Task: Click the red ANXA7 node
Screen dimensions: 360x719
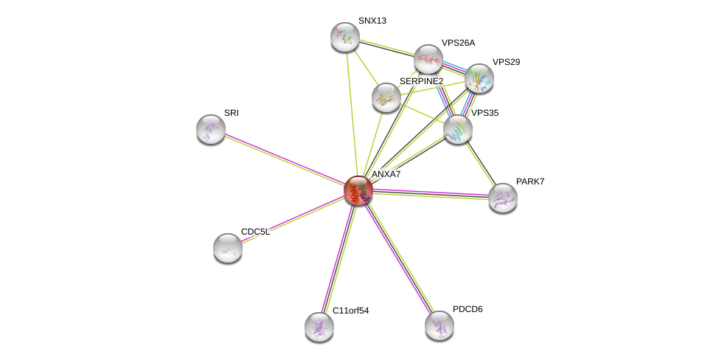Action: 358,190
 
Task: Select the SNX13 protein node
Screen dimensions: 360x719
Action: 344,36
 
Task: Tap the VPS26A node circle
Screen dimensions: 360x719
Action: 428,59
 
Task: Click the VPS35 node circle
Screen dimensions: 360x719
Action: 457,129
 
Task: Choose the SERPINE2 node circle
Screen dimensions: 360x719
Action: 386,97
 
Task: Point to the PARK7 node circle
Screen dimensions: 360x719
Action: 502,198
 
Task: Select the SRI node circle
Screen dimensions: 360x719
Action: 211,129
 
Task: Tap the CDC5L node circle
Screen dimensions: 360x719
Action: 228,248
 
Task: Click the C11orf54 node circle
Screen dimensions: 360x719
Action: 319,326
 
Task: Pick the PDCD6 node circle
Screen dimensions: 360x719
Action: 440,325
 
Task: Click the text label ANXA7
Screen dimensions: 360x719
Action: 386,174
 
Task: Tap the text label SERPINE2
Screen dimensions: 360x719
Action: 421,81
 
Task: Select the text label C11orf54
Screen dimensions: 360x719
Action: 350,311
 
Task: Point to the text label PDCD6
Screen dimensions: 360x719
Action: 468,309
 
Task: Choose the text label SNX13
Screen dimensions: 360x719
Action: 372,21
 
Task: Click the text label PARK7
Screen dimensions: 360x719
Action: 529,181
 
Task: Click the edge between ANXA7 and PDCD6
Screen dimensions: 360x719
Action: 399,258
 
